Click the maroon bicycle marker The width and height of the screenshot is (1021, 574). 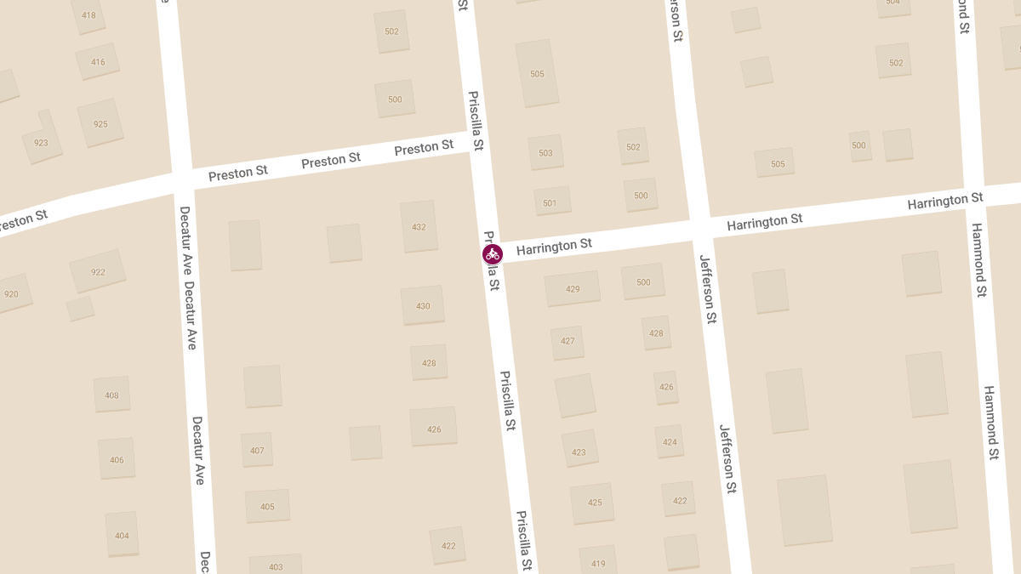point(492,253)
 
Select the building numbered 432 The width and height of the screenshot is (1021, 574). point(419,226)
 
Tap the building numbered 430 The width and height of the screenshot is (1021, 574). point(423,305)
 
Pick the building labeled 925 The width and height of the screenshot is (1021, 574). point(100,123)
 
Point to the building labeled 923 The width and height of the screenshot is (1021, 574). point(41,141)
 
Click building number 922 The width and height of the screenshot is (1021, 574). point(98,271)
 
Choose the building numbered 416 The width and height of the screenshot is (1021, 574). point(98,61)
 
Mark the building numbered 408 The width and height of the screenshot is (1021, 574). point(111,395)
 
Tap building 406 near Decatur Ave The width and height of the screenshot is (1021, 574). point(117,459)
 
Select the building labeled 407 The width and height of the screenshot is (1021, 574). point(257,450)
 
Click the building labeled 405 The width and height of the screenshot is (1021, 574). point(267,506)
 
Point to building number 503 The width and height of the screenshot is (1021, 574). point(545,153)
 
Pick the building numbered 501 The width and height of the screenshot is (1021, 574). point(550,202)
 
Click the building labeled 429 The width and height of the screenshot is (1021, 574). point(573,288)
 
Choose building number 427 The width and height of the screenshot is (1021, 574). point(568,341)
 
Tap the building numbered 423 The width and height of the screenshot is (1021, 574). point(579,452)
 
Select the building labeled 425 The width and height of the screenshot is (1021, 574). point(595,502)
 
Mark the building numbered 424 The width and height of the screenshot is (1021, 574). point(670,441)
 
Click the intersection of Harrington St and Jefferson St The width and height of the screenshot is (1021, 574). point(699,227)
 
